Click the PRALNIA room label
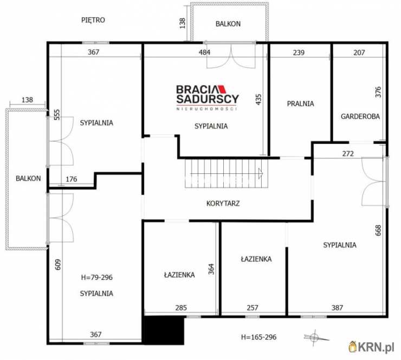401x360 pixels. (x=300, y=104)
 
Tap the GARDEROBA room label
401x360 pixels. (x=360, y=116)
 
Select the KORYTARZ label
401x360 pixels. (x=223, y=204)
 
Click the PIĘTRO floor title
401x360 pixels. (x=93, y=20)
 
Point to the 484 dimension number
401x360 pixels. (x=205, y=53)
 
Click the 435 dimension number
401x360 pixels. (x=258, y=100)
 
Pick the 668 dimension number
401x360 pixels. (x=378, y=230)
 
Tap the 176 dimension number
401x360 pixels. (x=72, y=179)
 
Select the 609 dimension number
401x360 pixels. (x=59, y=265)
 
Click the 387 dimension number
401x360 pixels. (x=337, y=307)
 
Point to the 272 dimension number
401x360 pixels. (x=348, y=154)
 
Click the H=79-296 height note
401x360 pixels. (x=96, y=278)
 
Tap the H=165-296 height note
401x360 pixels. (x=259, y=337)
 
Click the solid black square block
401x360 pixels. (x=164, y=331)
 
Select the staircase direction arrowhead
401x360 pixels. (x=261, y=174)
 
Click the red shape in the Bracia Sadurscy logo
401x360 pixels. (x=223, y=89)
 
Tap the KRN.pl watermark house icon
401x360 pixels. (x=353, y=347)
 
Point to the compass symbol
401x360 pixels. (x=315, y=338)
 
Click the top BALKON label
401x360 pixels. (x=228, y=24)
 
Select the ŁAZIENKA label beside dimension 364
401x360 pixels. (x=179, y=275)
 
